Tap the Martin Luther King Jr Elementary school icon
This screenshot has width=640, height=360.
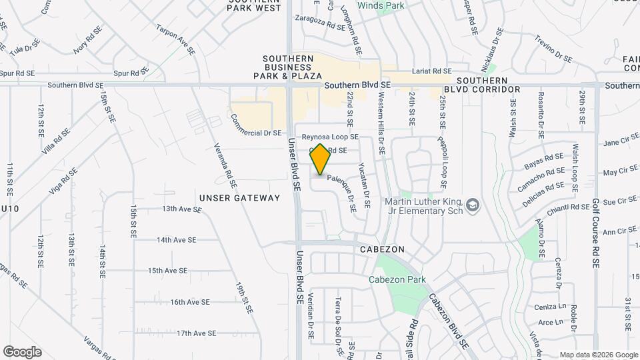coord(473,204)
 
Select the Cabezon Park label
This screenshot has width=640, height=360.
coord(397,280)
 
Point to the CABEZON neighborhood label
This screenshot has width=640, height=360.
coord(382,249)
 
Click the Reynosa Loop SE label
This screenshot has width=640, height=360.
coord(330,137)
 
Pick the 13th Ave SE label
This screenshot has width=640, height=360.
coord(182,209)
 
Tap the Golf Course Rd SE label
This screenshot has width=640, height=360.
coord(595,233)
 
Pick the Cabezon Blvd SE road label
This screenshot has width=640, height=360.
coord(447,321)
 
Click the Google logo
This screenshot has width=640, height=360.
coord(22,351)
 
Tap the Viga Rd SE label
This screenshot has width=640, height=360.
coord(63,181)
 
